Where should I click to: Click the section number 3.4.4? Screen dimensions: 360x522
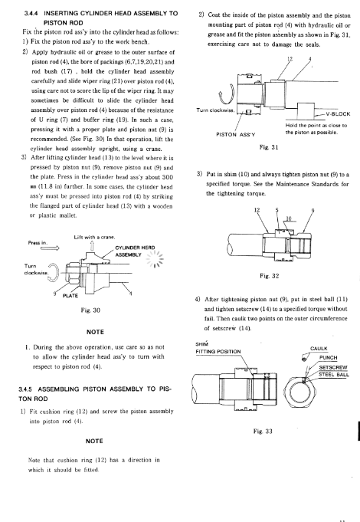point(31,14)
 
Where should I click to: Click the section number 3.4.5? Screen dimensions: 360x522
point(25,389)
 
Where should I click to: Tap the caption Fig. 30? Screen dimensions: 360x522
point(90,310)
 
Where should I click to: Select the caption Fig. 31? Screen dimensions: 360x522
point(269,147)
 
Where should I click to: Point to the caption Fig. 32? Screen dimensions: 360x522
point(269,276)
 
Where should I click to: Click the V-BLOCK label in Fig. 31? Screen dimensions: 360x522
point(338,114)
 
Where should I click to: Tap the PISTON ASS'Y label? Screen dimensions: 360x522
point(236,135)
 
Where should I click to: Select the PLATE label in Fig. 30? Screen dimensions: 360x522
point(70,296)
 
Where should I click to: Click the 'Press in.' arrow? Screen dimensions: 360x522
point(50,248)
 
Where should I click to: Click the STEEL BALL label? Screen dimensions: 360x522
point(334,375)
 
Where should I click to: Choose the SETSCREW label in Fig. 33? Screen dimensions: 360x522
point(333,367)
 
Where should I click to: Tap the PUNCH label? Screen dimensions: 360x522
point(329,358)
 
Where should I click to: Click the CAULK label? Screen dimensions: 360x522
point(319,349)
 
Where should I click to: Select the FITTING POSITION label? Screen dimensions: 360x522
point(218,352)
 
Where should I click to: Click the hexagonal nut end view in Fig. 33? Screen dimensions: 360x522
point(299,389)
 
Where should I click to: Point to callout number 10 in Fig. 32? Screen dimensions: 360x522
point(289,218)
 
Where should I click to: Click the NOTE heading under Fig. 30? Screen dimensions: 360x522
point(95,332)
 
